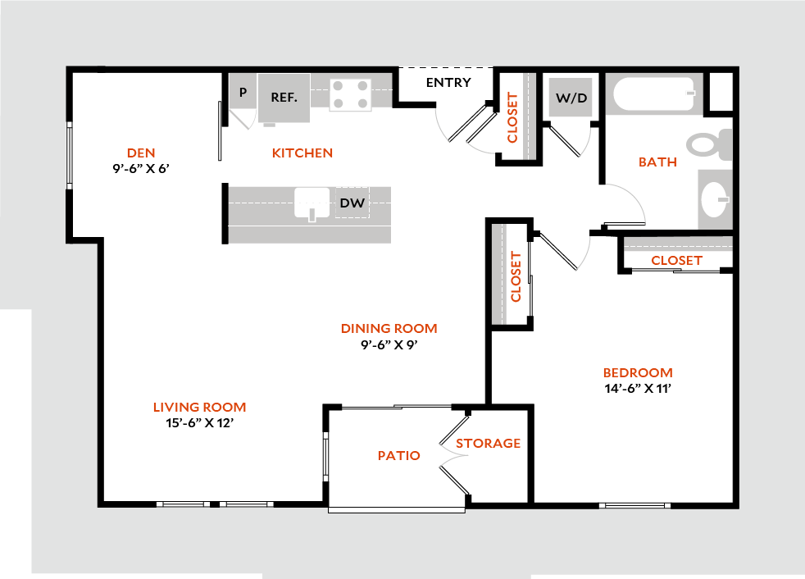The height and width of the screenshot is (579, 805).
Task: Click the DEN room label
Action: [x=141, y=153]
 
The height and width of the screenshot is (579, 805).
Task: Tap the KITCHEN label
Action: [x=302, y=153]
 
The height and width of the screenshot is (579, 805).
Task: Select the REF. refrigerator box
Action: [x=284, y=98]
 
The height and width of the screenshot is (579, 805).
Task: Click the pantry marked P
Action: [x=243, y=92]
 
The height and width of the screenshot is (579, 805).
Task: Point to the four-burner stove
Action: [x=350, y=94]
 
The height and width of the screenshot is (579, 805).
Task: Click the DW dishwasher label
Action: [x=352, y=203]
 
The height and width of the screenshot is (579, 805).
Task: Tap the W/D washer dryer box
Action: [x=571, y=97]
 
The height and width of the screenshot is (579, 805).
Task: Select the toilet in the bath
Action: [x=710, y=144]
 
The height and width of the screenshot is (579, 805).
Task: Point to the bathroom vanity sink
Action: [x=715, y=198]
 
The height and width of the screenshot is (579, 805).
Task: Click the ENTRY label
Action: [x=448, y=82]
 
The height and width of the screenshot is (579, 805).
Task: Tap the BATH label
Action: [x=657, y=162]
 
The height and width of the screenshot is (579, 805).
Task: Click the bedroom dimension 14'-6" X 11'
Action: [x=638, y=389]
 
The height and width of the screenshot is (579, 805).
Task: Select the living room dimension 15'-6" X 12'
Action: [x=200, y=423]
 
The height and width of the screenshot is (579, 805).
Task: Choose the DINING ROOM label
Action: [x=389, y=328]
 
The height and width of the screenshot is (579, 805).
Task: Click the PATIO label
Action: [x=399, y=455]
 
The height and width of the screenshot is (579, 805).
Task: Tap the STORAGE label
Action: [x=489, y=443]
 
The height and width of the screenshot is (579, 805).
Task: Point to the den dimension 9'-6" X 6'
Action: [x=141, y=168]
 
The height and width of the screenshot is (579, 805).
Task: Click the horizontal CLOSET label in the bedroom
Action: [x=676, y=261]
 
